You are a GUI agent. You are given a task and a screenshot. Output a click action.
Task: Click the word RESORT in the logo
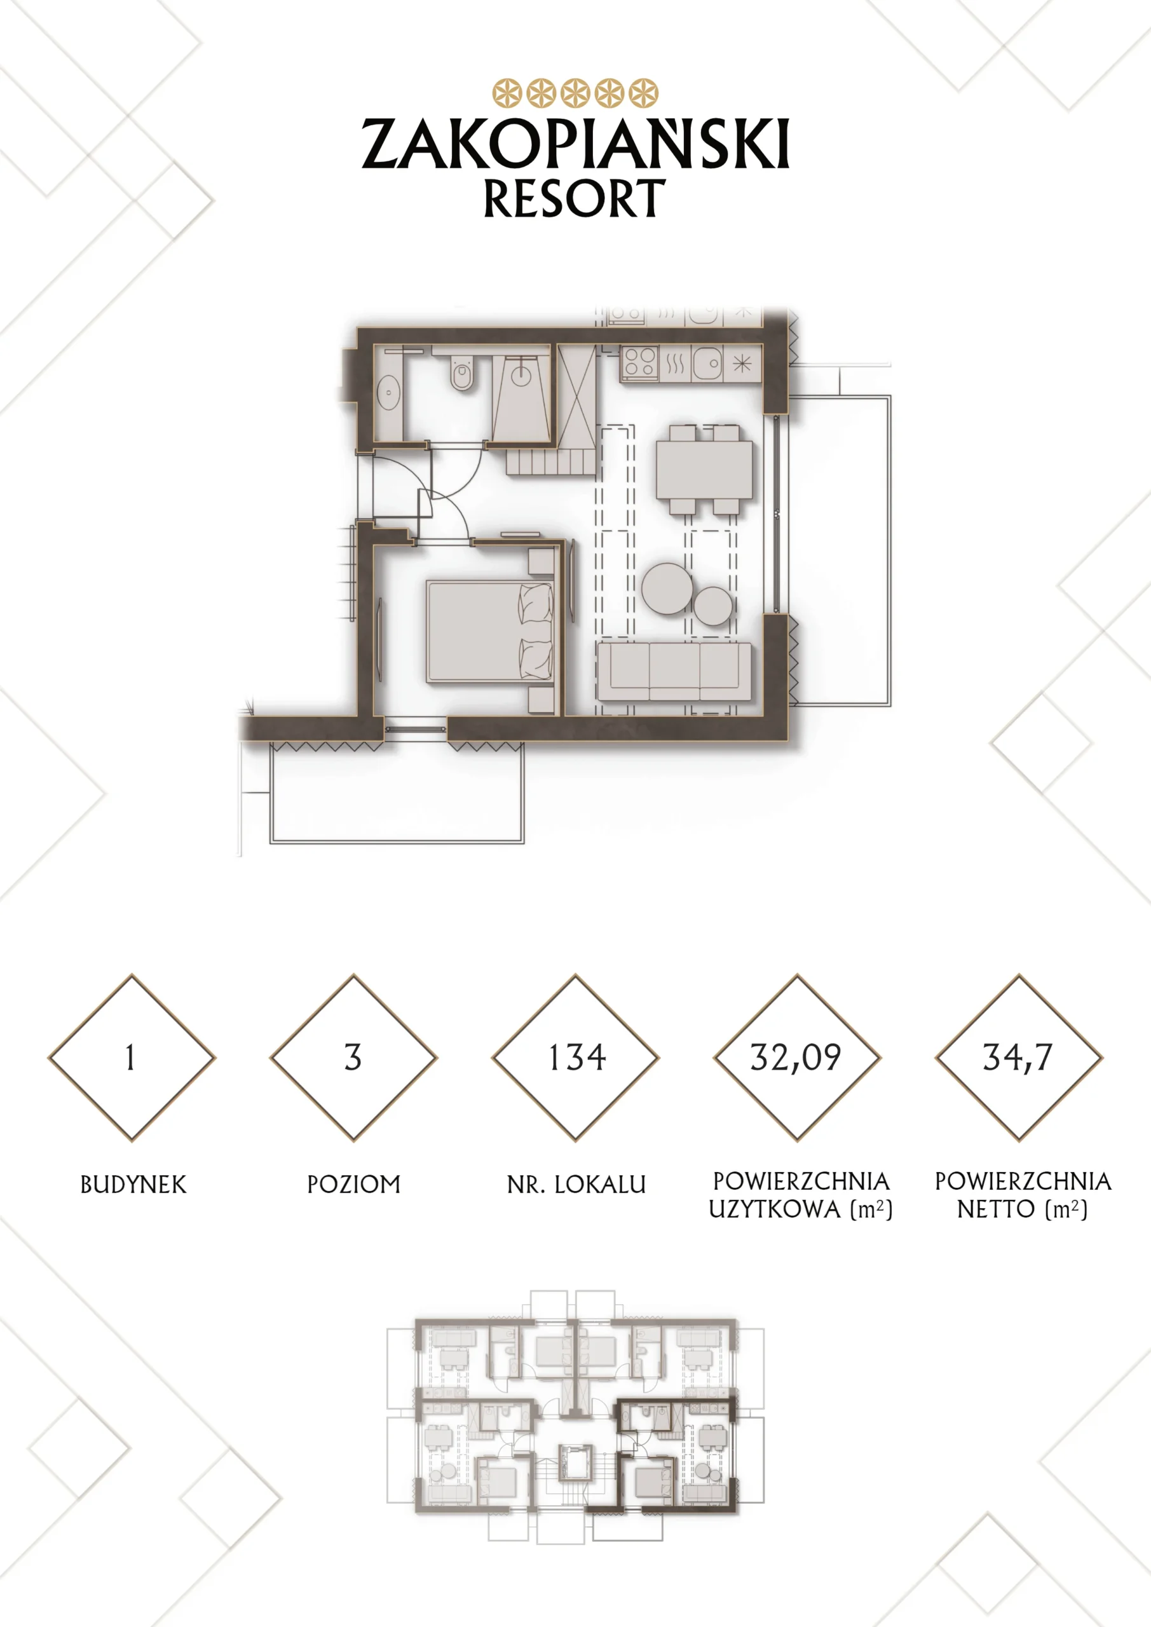(x=575, y=198)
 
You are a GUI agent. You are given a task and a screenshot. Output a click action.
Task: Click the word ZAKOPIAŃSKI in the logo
(x=576, y=143)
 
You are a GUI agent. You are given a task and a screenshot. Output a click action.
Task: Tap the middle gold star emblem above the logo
(x=576, y=93)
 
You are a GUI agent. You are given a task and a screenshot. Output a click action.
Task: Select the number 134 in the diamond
(x=577, y=1058)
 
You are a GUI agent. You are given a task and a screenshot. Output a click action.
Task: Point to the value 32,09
(x=796, y=1058)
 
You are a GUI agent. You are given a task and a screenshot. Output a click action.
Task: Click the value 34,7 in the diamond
(x=1018, y=1058)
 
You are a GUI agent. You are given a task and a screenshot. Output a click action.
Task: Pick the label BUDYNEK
(x=133, y=1185)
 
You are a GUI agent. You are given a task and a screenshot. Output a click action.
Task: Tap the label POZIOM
(x=353, y=1185)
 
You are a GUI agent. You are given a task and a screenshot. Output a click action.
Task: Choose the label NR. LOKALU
(x=576, y=1185)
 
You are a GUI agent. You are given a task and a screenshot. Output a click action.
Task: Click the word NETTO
(x=997, y=1209)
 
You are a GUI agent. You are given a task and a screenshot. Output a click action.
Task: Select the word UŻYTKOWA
(x=775, y=1209)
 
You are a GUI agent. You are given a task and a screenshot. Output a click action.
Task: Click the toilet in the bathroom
(x=461, y=371)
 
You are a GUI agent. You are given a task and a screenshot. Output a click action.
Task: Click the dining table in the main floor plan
(x=704, y=470)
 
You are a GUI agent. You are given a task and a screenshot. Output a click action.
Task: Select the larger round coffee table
(x=667, y=588)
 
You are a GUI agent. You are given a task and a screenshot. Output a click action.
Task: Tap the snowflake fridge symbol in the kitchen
(x=742, y=364)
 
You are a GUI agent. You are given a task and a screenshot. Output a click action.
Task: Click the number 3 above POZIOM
(x=353, y=1058)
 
